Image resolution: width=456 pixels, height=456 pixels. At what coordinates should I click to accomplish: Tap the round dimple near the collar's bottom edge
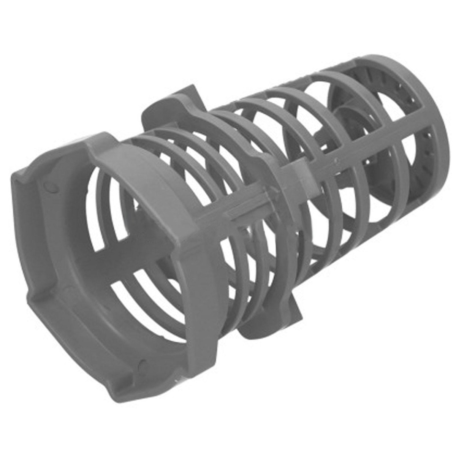pos(143,364)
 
